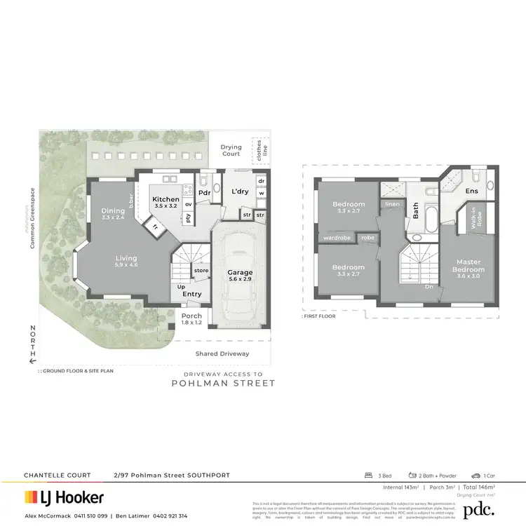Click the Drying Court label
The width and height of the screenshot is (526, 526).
pos(231,150)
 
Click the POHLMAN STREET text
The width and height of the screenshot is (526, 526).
pos(224,383)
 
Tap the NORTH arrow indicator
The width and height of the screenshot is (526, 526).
pos(32,345)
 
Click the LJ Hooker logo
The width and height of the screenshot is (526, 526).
pos(65,498)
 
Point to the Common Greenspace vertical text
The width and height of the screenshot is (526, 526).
pos(32,214)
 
